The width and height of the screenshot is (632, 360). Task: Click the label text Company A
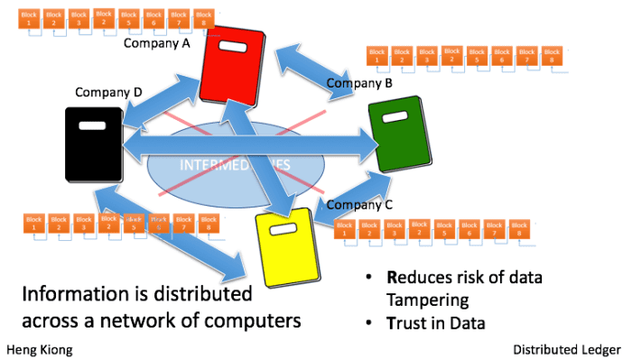tap(157, 42)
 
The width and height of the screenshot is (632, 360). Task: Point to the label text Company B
tap(359, 84)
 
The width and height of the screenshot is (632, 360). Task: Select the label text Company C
tap(359, 204)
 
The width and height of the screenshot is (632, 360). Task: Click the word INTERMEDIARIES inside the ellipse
tap(235, 166)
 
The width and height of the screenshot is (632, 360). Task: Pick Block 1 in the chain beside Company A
tap(30, 18)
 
